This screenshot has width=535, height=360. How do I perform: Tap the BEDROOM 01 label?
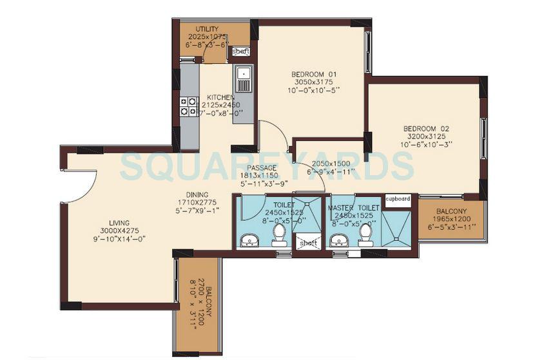tap(311, 73)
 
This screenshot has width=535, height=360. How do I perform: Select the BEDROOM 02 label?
tap(426, 128)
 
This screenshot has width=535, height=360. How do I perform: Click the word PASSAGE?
tap(262, 167)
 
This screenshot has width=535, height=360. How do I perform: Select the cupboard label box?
tap(398, 199)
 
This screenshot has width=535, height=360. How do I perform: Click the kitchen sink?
tap(243, 79)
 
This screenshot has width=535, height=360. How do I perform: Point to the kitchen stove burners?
tap(188, 106)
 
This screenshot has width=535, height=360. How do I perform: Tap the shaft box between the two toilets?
tap(308, 242)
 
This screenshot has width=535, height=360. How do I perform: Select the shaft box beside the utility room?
tap(240, 51)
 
